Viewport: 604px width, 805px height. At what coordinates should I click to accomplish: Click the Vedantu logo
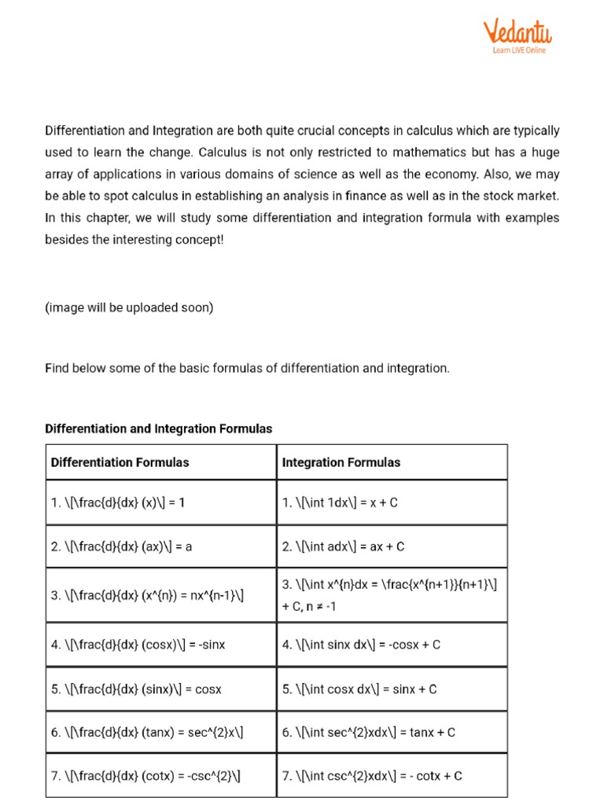pyautogui.click(x=517, y=32)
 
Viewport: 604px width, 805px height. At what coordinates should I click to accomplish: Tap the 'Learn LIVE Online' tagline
pyautogui.click(x=519, y=51)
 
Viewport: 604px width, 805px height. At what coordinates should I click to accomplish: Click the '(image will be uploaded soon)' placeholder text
pyautogui.click(x=129, y=307)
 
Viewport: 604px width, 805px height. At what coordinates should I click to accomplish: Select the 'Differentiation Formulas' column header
pyautogui.click(x=120, y=462)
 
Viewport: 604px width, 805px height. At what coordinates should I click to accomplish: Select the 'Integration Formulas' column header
pyautogui.click(x=341, y=462)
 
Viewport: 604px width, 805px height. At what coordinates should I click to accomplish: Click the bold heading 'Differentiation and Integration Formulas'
pyautogui.click(x=158, y=428)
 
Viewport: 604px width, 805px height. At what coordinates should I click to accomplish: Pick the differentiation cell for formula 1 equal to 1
pyautogui.click(x=118, y=502)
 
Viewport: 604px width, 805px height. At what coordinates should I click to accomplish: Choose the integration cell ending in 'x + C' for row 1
pyautogui.click(x=340, y=502)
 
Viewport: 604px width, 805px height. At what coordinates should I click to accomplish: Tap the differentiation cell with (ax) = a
pyautogui.click(x=121, y=546)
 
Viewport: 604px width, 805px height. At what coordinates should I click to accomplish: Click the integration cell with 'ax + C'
pyautogui.click(x=343, y=546)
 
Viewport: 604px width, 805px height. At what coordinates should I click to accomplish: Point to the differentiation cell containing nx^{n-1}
pyautogui.click(x=147, y=595)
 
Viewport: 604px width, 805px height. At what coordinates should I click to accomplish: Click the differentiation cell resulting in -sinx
pyautogui.click(x=138, y=645)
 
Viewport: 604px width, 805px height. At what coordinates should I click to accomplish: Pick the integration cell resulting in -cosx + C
pyautogui.click(x=361, y=645)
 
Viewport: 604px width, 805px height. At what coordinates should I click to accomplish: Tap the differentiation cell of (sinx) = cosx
pyautogui.click(x=136, y=689)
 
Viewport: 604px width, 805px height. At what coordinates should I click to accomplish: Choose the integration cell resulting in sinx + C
pyautogui.click(x=359, y=689)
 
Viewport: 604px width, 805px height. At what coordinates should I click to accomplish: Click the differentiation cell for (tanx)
pyautogui.click(x=147, y=732)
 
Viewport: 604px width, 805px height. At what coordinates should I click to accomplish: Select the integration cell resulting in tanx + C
pyautogui.click(x=368, y=732)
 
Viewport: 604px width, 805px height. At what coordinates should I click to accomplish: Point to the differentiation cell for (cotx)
pyautogui.click(x=145, y=776)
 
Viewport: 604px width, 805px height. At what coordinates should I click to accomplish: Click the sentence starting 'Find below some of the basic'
pyautogui.click(x=247, y=368)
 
